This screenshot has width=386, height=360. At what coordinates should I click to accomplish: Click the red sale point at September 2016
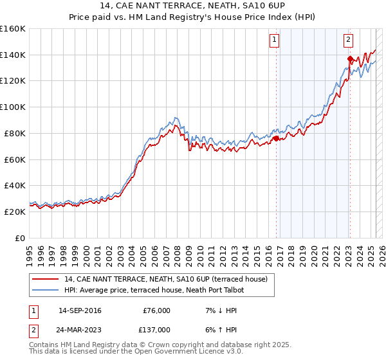[276, 138]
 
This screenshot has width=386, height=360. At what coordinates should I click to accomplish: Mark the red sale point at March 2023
[350, 59]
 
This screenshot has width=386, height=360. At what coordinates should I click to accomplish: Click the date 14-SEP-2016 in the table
[80, 310]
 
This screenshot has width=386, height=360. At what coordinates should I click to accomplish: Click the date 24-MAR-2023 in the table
[80, 329]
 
